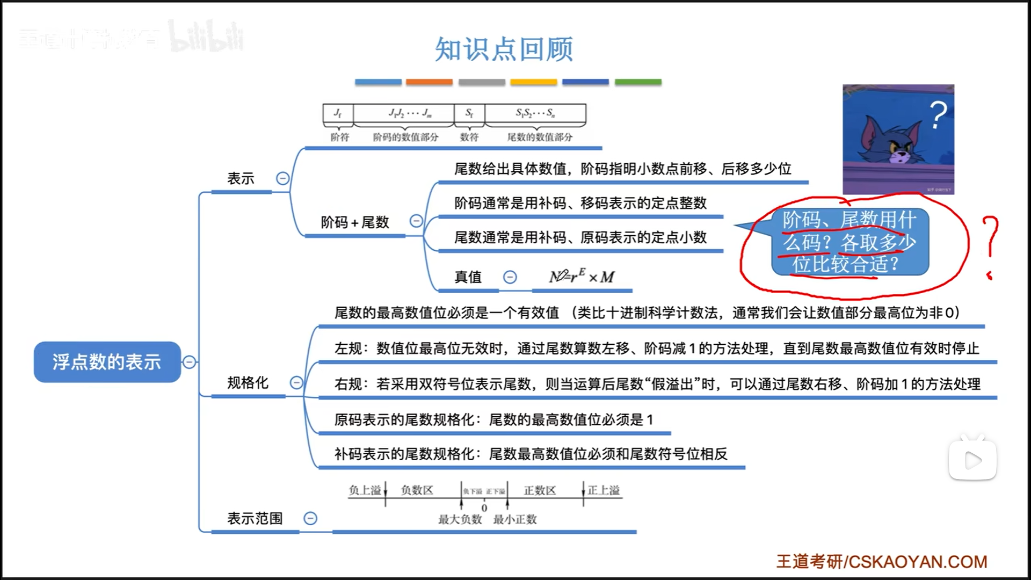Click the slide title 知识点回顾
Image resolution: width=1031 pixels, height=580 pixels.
point(504,49)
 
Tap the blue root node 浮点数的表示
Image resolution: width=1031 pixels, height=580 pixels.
point(107,362)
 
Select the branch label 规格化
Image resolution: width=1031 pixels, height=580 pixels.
point(248,383)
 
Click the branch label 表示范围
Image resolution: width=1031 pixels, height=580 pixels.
point(255,518)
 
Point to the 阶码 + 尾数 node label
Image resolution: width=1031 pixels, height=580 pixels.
point(355,222)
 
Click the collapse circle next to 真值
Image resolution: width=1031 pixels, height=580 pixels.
point(510,277)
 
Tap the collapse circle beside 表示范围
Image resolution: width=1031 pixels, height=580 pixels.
point(310,518)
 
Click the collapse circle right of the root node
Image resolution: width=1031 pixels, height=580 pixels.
point(189,362)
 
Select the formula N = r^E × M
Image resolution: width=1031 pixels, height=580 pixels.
point(582,277)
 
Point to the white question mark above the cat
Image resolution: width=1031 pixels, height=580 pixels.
point(938,114)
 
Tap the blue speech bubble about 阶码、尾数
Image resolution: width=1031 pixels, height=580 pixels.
point(850,242)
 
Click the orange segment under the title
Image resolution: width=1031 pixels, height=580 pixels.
point(429,82)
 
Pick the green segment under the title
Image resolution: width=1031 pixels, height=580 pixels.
point(638,82)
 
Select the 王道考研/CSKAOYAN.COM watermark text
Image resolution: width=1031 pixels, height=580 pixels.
point(882,562)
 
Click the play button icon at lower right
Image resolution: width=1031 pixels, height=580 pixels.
point(972,460)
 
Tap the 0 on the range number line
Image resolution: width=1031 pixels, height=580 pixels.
point(484,508)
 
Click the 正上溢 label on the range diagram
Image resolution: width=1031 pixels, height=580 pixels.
point(604,490)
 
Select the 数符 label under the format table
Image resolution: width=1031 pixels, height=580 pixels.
point(469,137)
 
